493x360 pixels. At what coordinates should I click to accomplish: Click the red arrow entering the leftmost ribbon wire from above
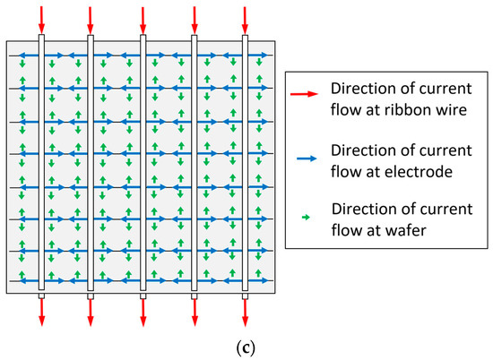click(40, 18)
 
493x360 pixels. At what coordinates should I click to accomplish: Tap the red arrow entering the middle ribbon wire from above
click(143, 18)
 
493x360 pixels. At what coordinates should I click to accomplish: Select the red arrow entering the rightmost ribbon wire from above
click(246, 18)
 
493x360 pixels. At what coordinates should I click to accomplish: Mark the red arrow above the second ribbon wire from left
click(91, 18)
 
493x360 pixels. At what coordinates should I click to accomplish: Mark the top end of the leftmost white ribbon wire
click(40, 39)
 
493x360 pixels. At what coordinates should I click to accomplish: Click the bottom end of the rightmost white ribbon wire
click(246, 293)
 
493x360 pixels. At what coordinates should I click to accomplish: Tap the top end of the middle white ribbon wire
click(143, 39)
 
